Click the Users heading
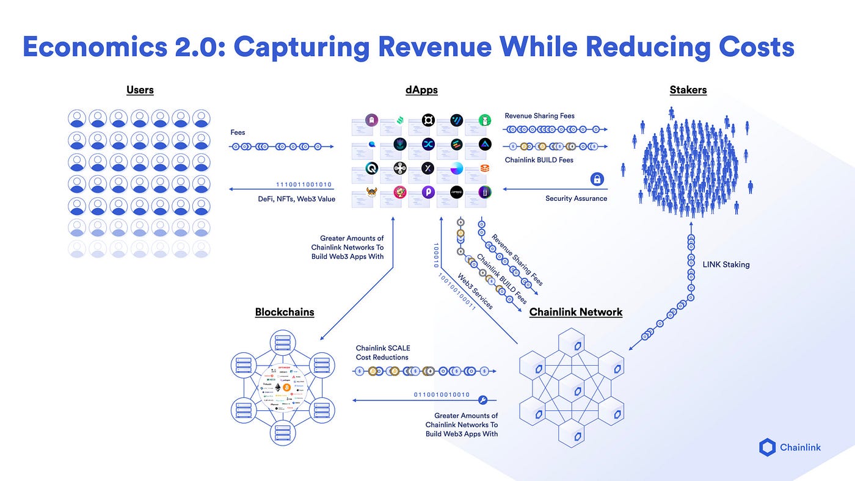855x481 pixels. point(140,90)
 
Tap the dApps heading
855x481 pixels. point(421,90)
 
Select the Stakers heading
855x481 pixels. point(688,90)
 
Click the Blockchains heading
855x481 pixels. point(285,312)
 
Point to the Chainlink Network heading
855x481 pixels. point(576,312)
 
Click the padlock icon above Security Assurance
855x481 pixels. point(597,179)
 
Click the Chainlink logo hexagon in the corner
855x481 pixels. point(767,447)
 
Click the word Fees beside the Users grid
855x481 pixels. point(238,132)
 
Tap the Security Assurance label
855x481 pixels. point(576,198)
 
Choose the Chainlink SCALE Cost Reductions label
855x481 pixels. point(382,353)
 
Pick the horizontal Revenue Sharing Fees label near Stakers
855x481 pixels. point(539,115)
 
